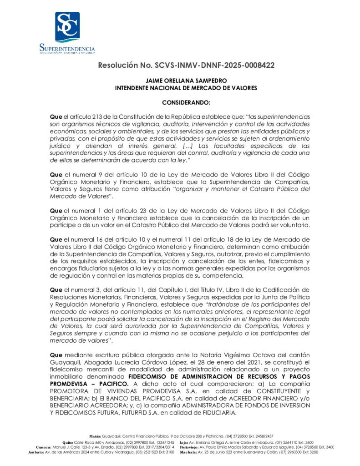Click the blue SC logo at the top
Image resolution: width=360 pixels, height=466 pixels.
click(67, 27)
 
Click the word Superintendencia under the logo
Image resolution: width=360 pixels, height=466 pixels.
click(67, 48)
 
